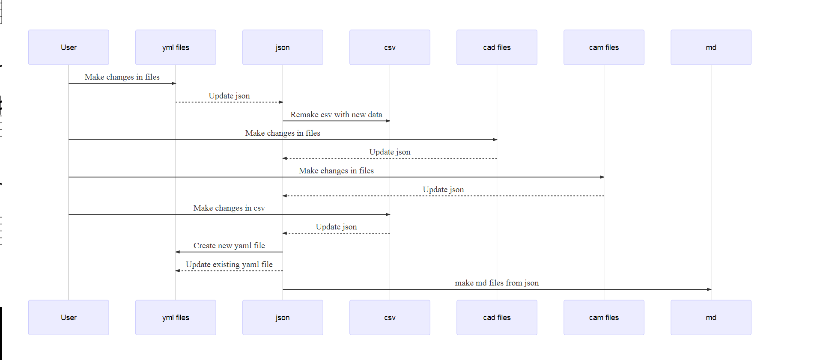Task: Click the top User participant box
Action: [69, 48]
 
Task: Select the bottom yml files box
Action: [176, 318]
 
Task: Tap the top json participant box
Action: [283, 48]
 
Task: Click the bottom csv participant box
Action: [390, 318]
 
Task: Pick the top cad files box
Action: [497, 48]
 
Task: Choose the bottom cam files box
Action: [604, 318]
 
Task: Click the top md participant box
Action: [711, 48]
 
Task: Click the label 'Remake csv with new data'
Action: [336, 115]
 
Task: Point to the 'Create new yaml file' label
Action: [229, 246]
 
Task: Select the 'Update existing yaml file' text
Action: [229, 265]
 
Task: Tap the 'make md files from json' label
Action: [497, 283]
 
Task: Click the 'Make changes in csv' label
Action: [229, 208]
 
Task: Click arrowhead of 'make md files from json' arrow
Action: [709, 289]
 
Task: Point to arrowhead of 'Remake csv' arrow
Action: [388, 121]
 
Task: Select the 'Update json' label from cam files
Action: [443, 190]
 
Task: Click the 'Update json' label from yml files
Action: [229, 96]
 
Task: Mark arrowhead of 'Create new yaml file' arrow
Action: [178, 252]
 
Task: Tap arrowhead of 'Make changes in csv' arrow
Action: [388, 214]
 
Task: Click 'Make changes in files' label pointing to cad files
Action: [283, 133]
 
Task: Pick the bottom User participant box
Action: [69, 318]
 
